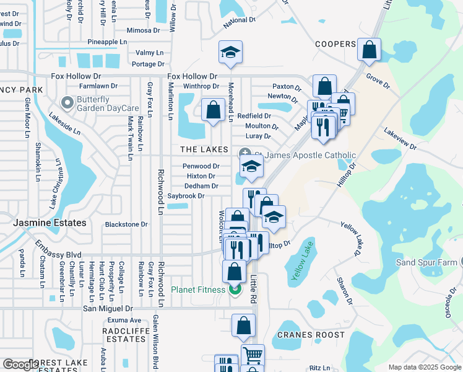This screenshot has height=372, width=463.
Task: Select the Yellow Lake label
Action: click(300, 261)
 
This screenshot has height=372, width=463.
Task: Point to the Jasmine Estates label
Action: click(42, 221)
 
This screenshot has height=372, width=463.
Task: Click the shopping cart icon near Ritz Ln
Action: click(253, 356)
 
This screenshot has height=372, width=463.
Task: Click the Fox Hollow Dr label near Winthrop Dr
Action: click(193, 76)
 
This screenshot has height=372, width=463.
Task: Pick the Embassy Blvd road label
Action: click(58, 255)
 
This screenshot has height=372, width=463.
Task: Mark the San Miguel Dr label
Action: click(108, 308)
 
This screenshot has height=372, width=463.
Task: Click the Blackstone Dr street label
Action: click(126, 224)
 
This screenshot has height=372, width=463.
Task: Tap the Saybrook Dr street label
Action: click(186, 196)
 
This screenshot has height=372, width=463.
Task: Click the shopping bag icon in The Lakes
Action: click(213, 111)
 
